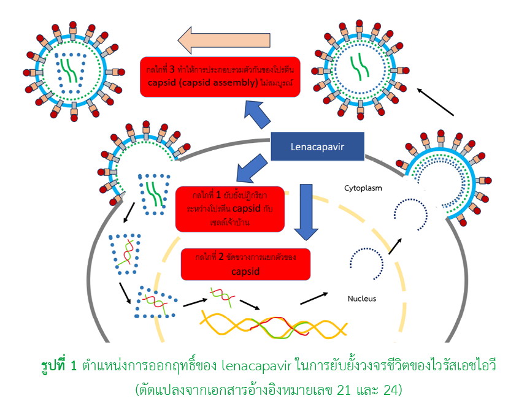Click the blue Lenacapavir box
[x=318, y=147]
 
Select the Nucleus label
[x=362, y=299]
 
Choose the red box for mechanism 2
[x=245, y=264]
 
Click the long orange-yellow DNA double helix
[x=276, y=325]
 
